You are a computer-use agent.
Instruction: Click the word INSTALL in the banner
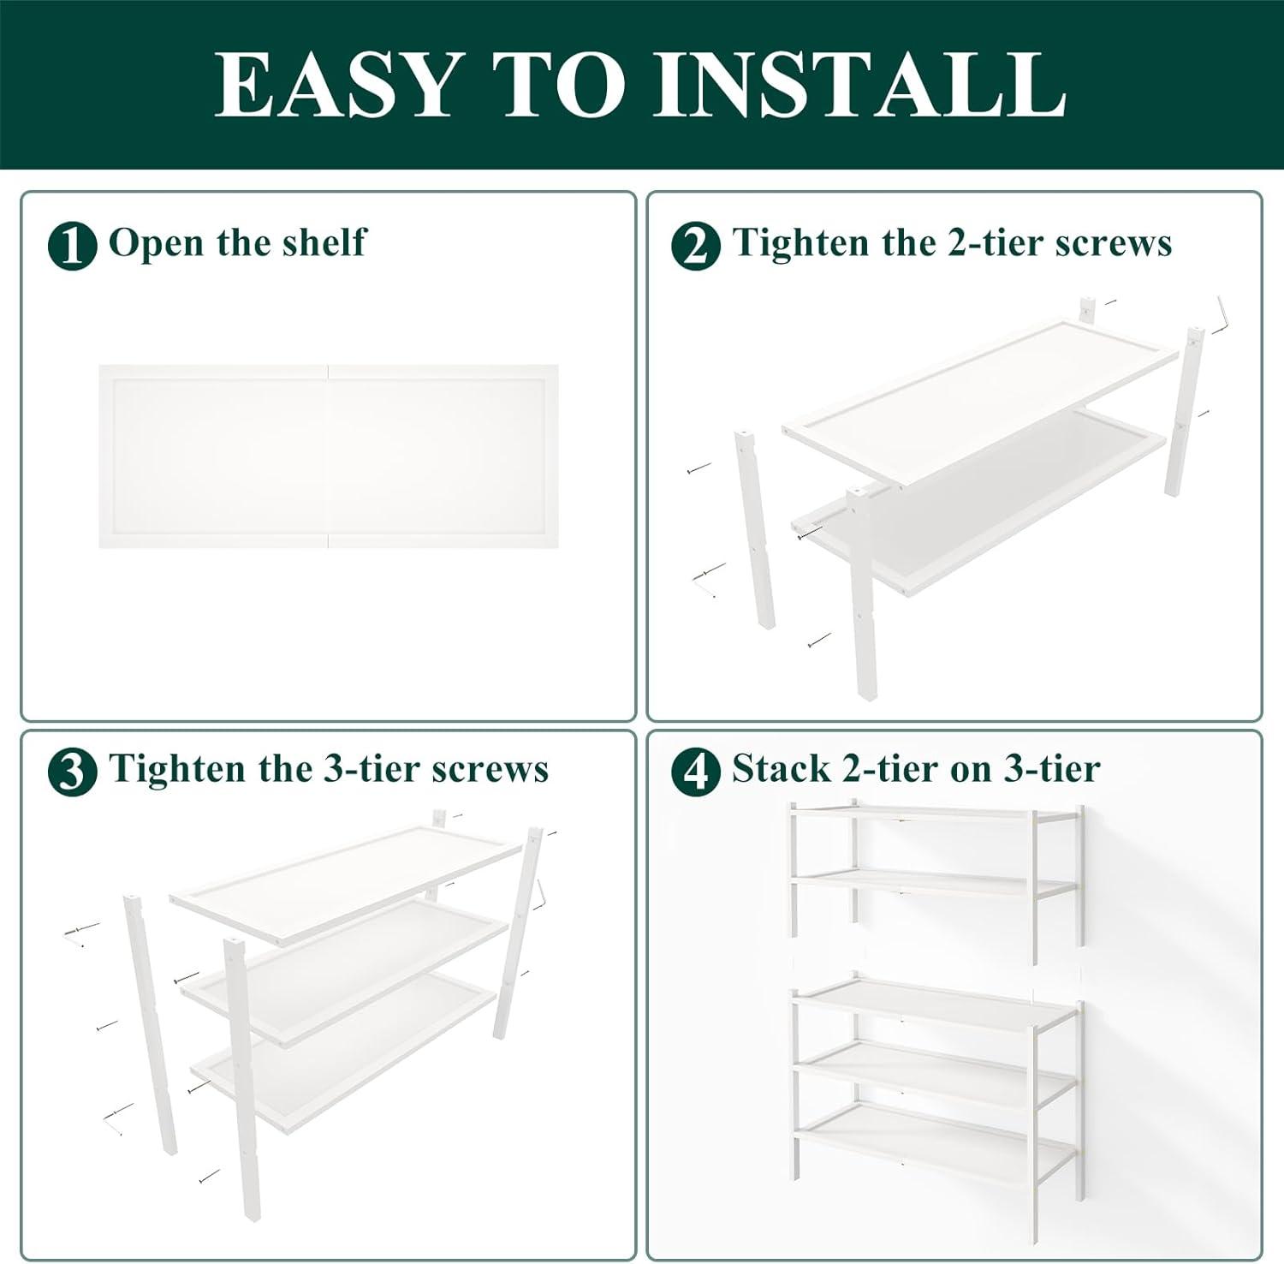pos(859,84)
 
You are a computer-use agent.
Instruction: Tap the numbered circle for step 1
pos(72,246)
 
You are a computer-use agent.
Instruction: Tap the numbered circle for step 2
pos(695,246)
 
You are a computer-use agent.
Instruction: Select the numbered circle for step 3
pos(72,772)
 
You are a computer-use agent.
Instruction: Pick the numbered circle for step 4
pos(695,772)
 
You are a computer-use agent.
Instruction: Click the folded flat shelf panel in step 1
pos(329,456)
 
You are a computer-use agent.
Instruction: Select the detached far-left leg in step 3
pos(151,1023)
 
